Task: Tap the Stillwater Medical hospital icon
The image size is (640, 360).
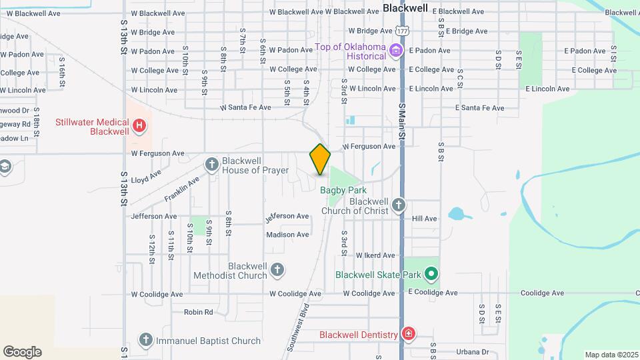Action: (x=139, y=125)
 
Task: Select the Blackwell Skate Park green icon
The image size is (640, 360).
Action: (x=431, y=273)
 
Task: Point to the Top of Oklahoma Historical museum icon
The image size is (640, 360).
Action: (x=397, y=50)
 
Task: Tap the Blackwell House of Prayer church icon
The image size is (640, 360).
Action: (x=212, y=164)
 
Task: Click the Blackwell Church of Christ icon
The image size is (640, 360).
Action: (x=398, y=205)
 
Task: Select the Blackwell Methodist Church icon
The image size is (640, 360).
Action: (x=277, y=269)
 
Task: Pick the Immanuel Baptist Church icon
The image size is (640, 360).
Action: (x=145, y=340)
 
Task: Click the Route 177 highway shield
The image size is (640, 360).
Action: (x=401, y=31)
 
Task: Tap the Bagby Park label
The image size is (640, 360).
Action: (x=343, y=190)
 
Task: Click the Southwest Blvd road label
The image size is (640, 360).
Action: (x=299, y=327)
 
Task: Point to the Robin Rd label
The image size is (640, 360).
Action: (x=198, y=312)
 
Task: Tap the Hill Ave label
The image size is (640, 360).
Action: (x=424, y=218)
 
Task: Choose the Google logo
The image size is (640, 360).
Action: (x=22, y=351)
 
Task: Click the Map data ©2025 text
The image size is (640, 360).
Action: (x=611, y=355)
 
